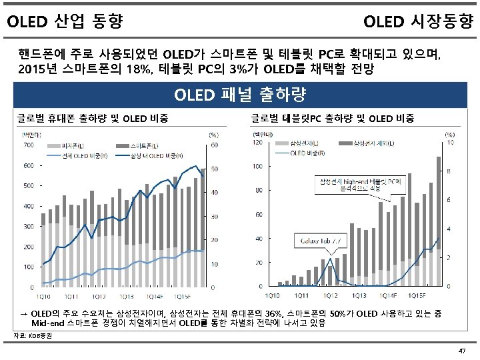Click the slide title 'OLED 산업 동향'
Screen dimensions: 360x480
tap(65, 23)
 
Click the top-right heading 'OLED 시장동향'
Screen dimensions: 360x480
tap(418, 23)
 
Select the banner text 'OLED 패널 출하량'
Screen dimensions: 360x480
tap(239, 95)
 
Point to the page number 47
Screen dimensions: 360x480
tap(462, 351)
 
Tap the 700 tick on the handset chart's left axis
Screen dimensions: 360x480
tap(29, 145)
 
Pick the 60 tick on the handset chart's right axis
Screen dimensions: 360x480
tap(213, 145)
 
